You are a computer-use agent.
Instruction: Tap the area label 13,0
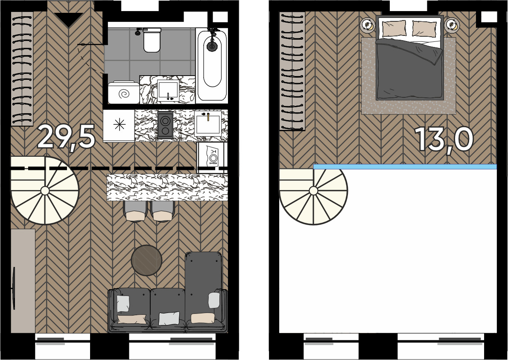coord(444,139)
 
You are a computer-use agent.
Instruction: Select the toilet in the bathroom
coord(152,40)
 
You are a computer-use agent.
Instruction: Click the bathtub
coord(212,64)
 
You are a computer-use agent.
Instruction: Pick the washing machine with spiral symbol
coord(124,93)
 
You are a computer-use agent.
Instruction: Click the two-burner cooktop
coord(165,125)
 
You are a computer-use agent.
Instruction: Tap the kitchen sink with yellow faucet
coord(208,123)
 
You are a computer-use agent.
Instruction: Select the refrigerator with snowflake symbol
coord(119,126)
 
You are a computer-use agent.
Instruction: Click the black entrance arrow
coord(68,20)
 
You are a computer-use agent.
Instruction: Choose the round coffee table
coord(146,260)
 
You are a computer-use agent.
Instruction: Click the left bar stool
coord(135,211)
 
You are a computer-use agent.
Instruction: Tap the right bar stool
coord(163,211)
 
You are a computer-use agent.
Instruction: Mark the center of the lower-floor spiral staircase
coord(45,191)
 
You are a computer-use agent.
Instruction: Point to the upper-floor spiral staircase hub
coord(313,191)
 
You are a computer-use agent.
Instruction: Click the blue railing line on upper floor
coord(405,167)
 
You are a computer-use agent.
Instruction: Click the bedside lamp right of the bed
coord(452,25)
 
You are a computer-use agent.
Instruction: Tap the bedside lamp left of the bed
coord(367,25)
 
